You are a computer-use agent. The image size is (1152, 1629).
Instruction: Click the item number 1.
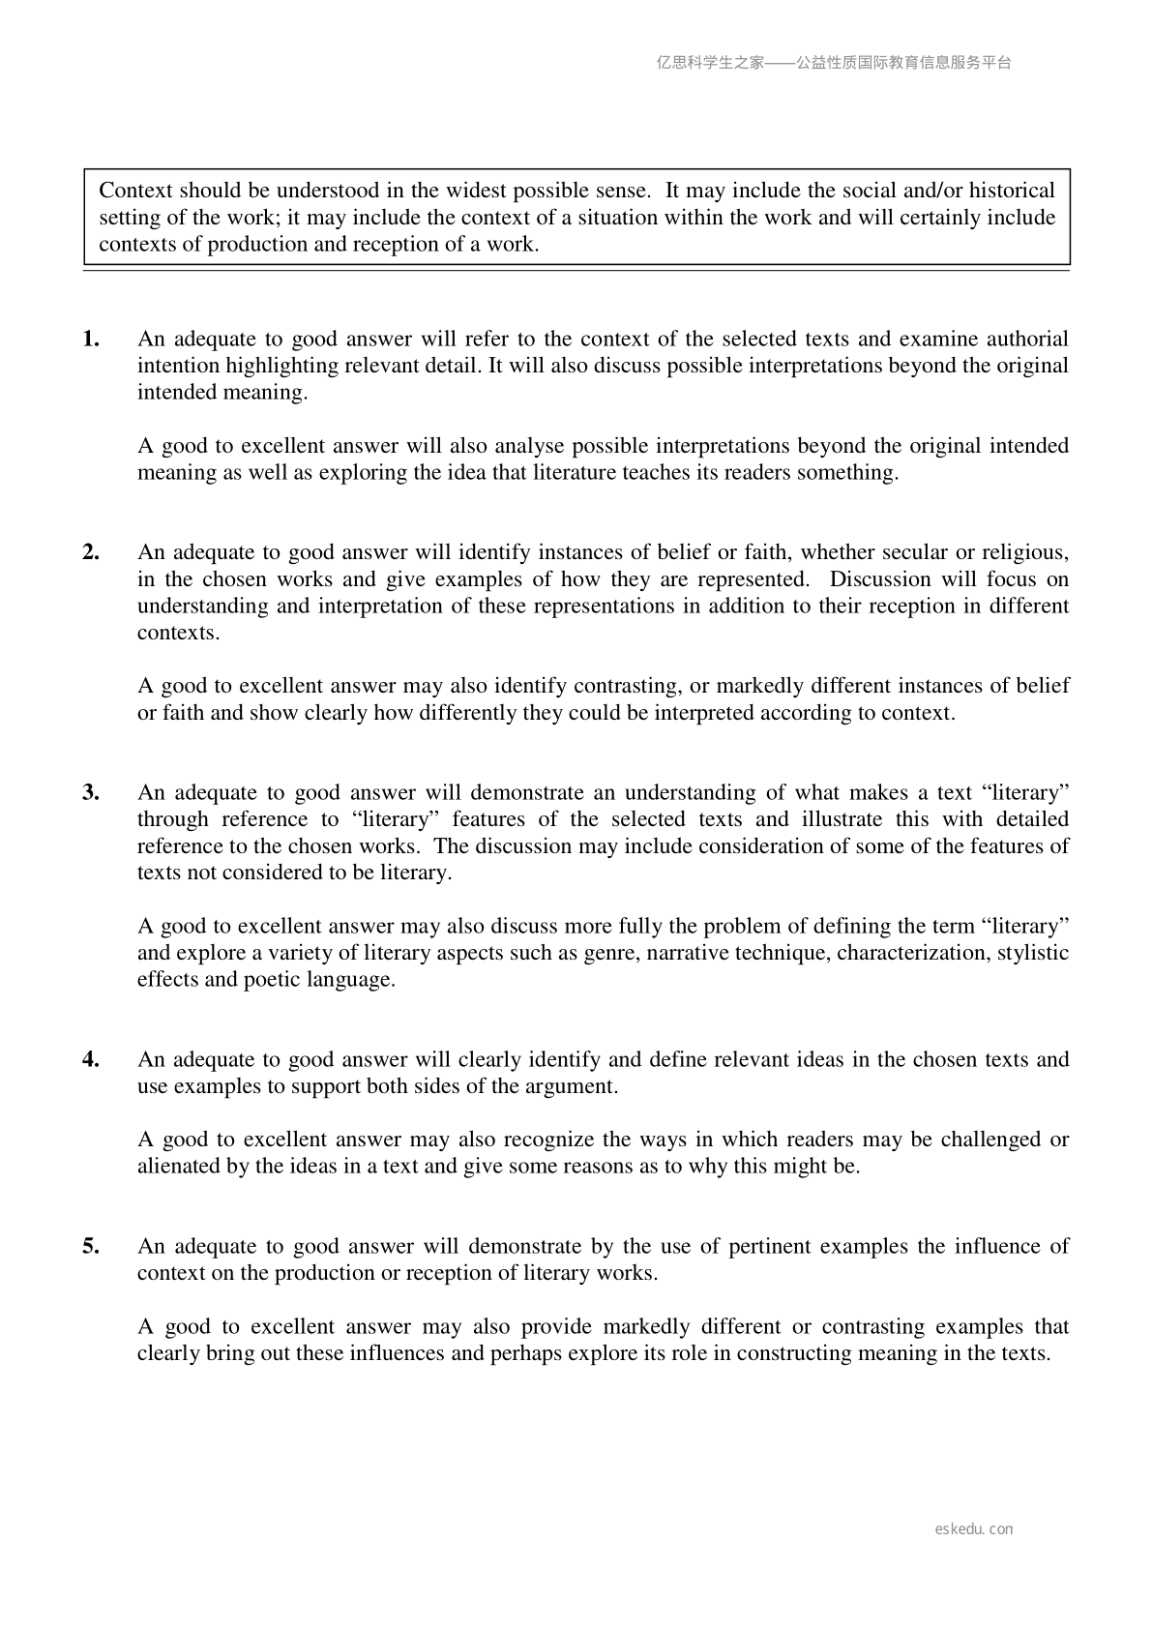[91, 339]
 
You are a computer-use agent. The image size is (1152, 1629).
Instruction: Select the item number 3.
[91, 792]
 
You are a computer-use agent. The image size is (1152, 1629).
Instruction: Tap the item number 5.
[91, 1246]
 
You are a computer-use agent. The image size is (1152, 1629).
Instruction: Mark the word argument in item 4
[574, 1086]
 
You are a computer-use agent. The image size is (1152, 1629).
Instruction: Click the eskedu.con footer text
[974, 1529]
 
